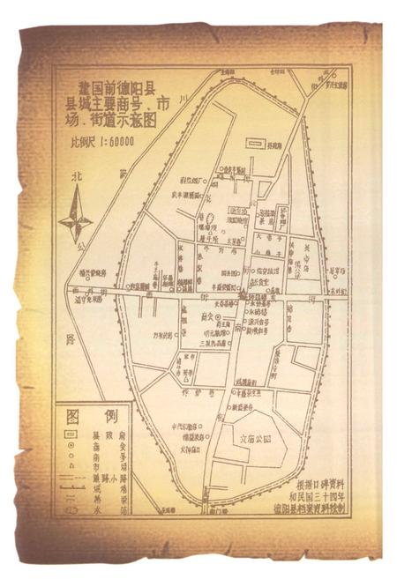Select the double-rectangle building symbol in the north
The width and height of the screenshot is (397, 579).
255,140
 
